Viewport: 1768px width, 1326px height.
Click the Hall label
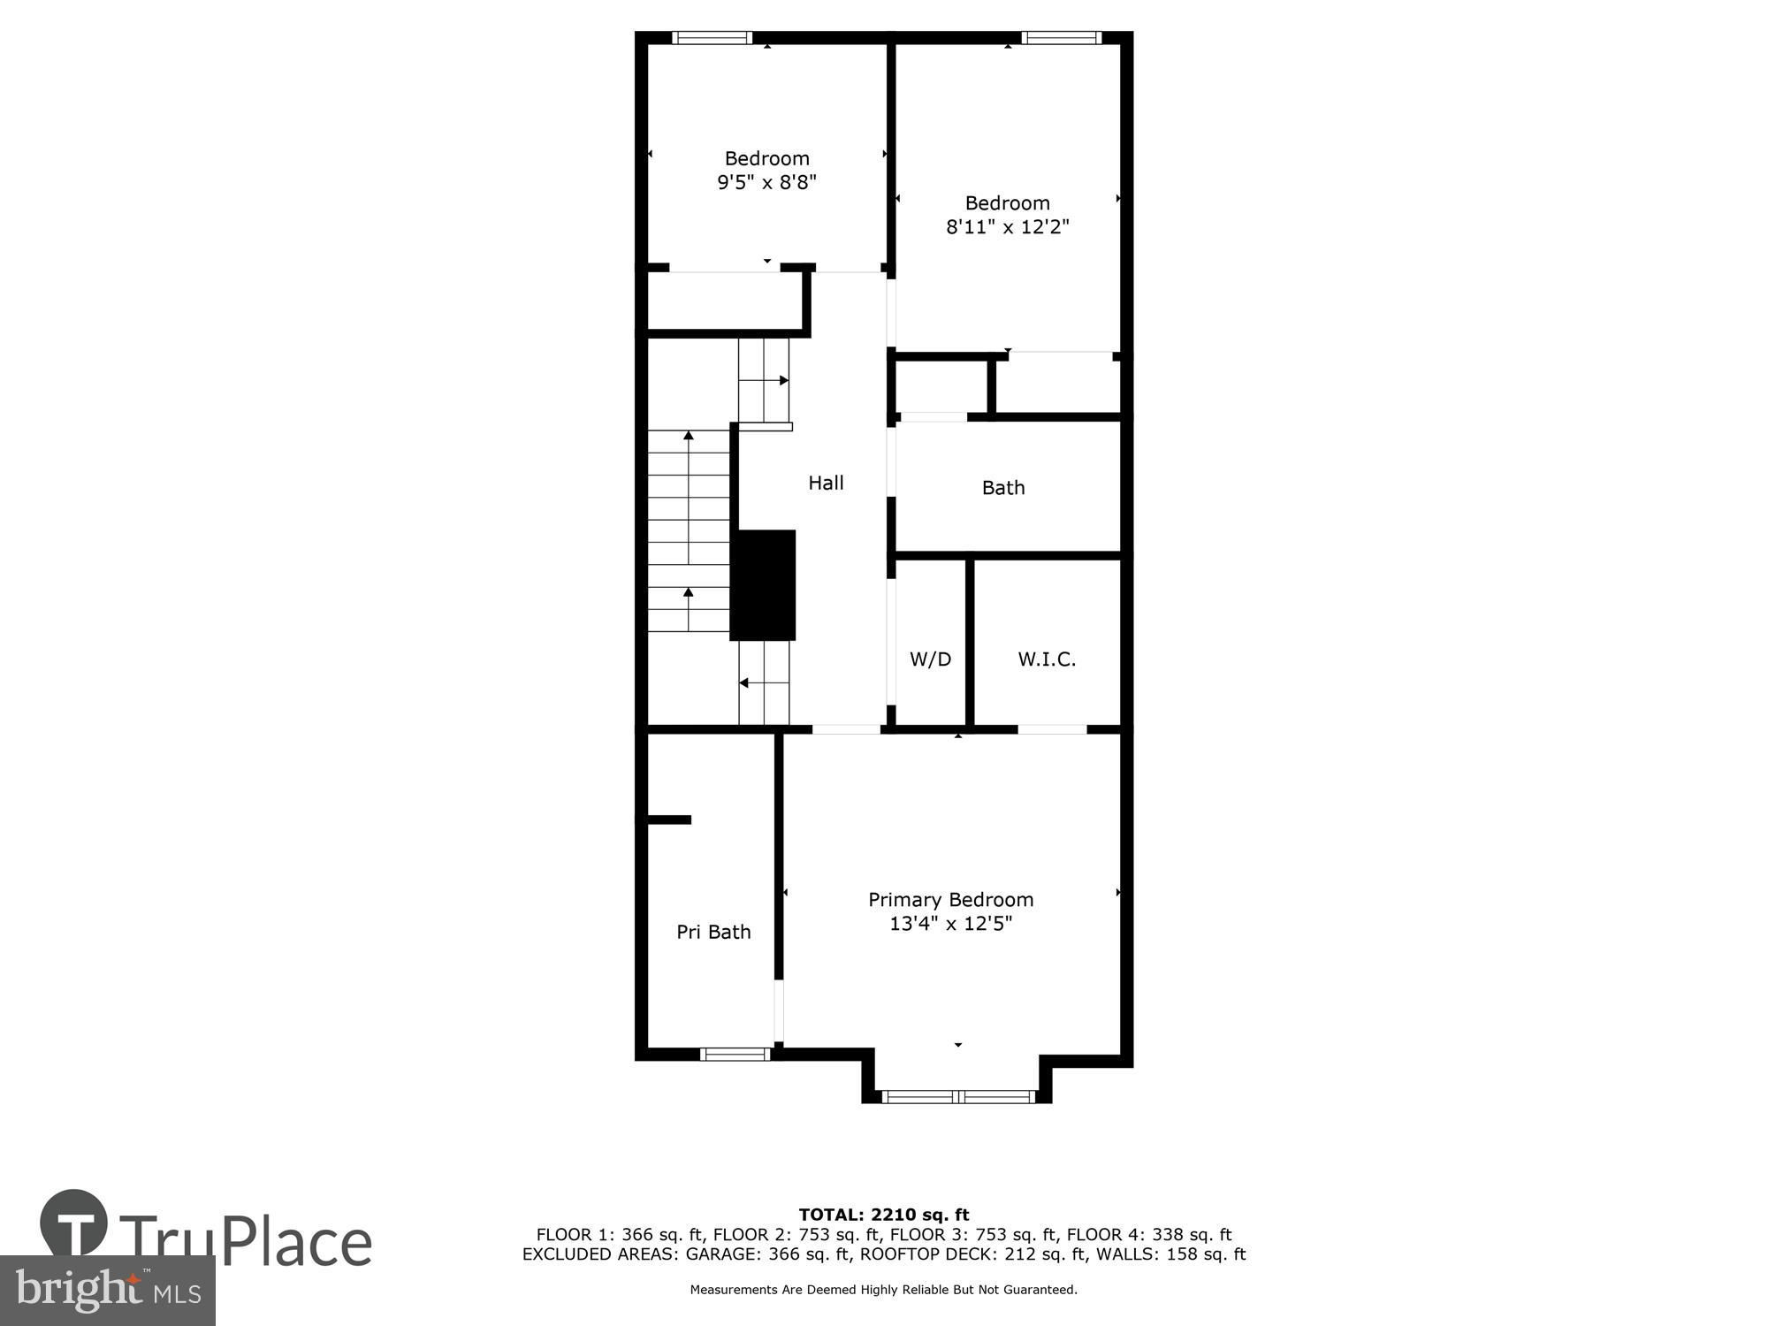826,483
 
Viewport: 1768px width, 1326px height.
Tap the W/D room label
930,659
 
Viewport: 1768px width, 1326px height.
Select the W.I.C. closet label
1047,659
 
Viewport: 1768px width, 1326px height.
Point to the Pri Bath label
713,932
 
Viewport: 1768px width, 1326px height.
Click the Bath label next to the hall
1003,487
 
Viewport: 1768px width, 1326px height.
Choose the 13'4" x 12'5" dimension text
950,924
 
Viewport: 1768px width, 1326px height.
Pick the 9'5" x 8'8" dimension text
766,182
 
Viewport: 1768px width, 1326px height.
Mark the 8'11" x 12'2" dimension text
1008,226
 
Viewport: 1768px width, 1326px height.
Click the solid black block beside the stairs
763,585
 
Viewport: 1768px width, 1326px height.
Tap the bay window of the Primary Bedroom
957,1097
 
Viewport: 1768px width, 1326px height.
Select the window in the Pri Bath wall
735,1054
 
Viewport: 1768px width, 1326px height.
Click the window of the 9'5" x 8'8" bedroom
712,37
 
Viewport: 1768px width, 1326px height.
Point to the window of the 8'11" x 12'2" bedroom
1062,37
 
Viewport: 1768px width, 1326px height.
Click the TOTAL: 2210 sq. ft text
884,1215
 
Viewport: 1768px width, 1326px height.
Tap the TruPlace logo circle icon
74,1223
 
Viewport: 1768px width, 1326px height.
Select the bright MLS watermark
108,1291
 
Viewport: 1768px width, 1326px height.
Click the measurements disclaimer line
884,1290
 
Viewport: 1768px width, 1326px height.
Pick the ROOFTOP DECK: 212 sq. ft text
1003,1254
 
